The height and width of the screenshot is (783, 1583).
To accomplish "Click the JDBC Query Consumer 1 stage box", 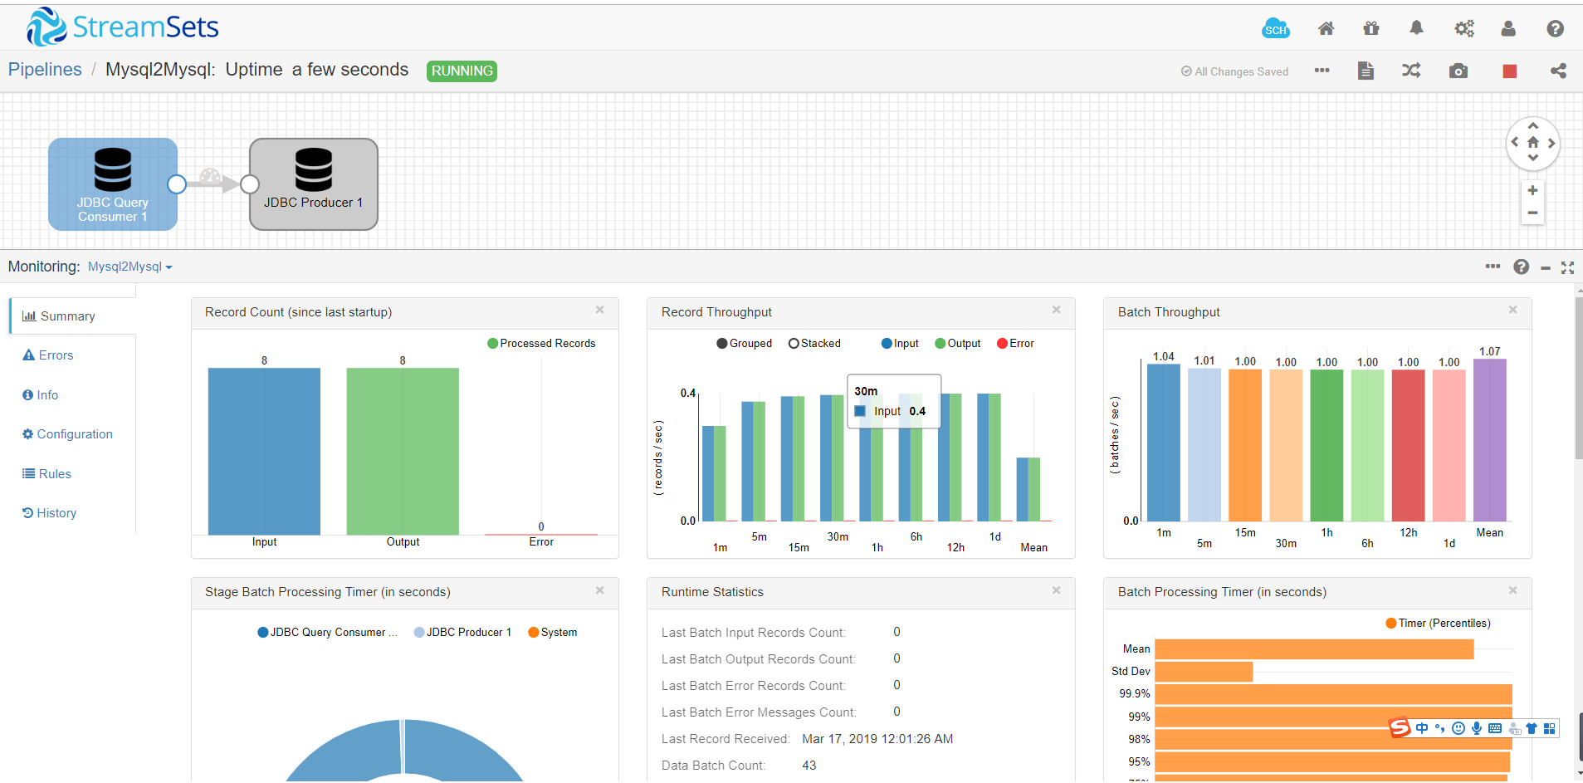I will (112, 184).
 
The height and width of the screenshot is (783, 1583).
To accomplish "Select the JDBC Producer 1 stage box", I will (313, 184).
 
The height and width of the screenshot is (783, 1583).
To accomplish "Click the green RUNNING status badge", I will (462, 71).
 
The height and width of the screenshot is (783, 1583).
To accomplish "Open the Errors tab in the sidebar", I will (56, 355).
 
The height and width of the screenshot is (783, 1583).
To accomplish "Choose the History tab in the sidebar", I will (56, 513).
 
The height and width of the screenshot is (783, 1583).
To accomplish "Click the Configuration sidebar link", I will (74, 434).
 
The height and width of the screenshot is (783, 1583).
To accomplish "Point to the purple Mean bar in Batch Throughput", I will (1489, 440).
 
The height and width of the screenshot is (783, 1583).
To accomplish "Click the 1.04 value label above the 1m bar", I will (1164, 356).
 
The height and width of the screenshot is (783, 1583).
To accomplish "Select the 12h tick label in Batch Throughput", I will (1408, 533).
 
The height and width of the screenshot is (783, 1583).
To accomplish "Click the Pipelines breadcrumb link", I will (45, 70).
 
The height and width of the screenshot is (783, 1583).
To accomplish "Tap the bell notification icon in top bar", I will (1416, 28).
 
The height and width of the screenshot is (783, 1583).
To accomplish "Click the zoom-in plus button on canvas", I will (1532, 190).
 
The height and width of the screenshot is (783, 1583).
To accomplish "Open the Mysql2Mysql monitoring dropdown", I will (130, 267).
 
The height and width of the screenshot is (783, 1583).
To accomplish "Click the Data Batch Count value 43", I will (809, 766).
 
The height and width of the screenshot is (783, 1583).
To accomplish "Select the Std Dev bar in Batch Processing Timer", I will (1203, 671).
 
